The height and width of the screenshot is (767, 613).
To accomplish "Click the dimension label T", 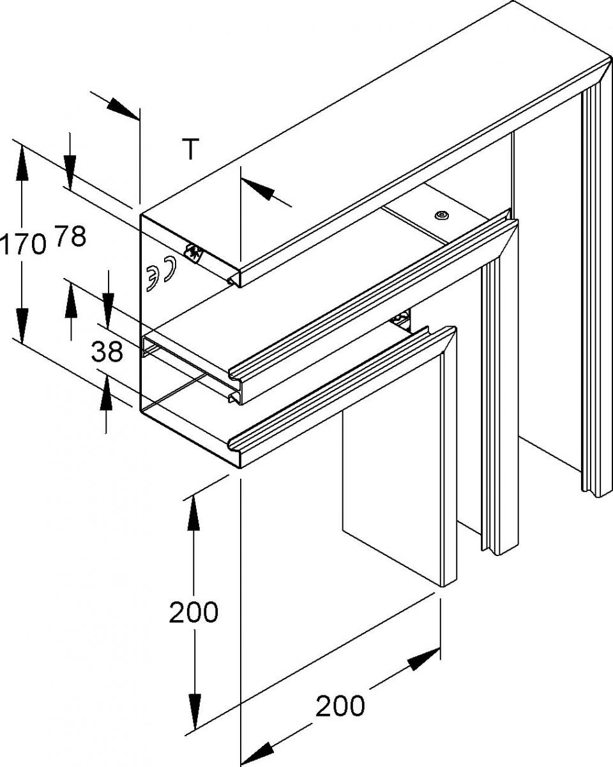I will tap(190, 148).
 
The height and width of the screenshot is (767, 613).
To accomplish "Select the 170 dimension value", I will tap(23, 245).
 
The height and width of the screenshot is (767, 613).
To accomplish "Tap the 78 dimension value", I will tap(70, 237).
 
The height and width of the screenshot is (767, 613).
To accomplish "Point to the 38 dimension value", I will tap(107, 352).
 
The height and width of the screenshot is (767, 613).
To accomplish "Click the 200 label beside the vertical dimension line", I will tap(193, 613).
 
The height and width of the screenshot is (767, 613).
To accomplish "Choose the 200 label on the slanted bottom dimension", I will tap(340, 706).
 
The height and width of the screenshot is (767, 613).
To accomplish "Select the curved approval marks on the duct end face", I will tap(160, 274).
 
